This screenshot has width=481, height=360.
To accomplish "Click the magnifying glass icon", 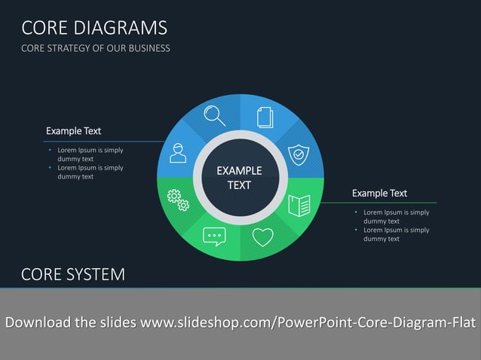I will click(x=215, y=115).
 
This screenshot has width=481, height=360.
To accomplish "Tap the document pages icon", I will click(x=265, y=117).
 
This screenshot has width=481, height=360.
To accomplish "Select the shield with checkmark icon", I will click(x=299, y=155).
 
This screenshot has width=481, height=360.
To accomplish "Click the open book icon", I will click(x=299, y=204).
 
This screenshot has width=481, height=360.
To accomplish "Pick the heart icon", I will click(x=262, y=237).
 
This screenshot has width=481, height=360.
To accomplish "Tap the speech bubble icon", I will click(x=214, y=237).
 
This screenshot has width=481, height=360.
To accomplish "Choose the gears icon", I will click(x=178, y=200).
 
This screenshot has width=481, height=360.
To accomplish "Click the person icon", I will click(x=178, y=154).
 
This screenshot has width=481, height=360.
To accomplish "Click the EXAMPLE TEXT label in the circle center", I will click(x=240, y=178).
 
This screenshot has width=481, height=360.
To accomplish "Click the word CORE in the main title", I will click(x=46, y=29).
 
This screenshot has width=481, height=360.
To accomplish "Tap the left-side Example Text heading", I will click(x=73, y=131).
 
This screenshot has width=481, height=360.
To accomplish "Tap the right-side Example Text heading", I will click(x=379, y=194).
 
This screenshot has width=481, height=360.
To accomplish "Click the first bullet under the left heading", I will click(x=90, y=154).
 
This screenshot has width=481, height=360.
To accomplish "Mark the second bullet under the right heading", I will click(x=396, y=234).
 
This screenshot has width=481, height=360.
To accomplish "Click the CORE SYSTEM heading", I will click(x=73, y=274).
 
